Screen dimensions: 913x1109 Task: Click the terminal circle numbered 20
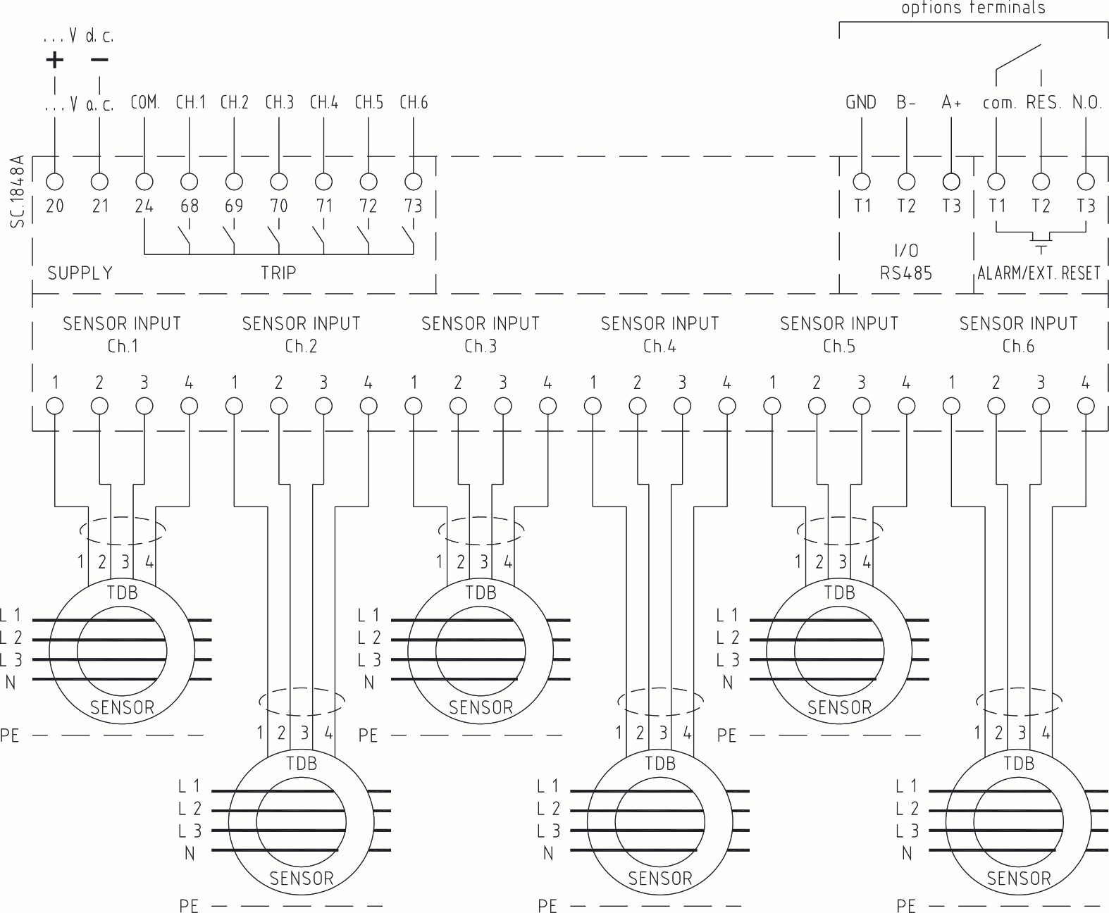pyautogui.click(x=54, y=182)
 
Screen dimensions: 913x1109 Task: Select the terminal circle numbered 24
pyautogui.click(x=144, y=182)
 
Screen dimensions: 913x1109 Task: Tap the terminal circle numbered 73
pyautogui.click(x=414, y=182)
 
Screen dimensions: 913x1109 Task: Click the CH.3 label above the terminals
pyautogui.click(x=279, y=103)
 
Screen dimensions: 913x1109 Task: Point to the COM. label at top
pyautogui.click(x=145, y=103)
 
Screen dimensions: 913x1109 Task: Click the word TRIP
pyautogui.click(x=278, y=273)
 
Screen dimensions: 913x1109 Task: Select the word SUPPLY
pyautogui.click(x=80, y=273)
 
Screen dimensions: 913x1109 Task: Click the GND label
pyautogui.click(x=861, y=103)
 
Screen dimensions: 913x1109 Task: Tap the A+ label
pyautogui.click(x=951, y=103)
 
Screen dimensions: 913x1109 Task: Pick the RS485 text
pyautogui.click(x=906, y=273)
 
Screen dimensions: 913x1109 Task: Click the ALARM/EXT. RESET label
pyautogui.click(x=1039, y=273)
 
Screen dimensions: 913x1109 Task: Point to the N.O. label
pyautogui.click(x=1086, y=103)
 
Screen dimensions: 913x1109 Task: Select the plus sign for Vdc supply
pyautogui.click(x=54, y=60)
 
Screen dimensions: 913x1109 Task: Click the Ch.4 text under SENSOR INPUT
pyautogui.click(x=659, y=346)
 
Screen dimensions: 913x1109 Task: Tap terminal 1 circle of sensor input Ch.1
pyautogui.click(x=54, y=406)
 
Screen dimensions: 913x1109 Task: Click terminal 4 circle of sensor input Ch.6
pyautogui.click(x=1086, y=406)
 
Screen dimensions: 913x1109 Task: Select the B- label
pyautogui.click(x=906, y=103)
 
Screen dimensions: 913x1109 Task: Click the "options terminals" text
pyautogui.click(x=973, y=8)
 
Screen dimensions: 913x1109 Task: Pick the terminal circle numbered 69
pyautogui.click(x=233, y=182)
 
